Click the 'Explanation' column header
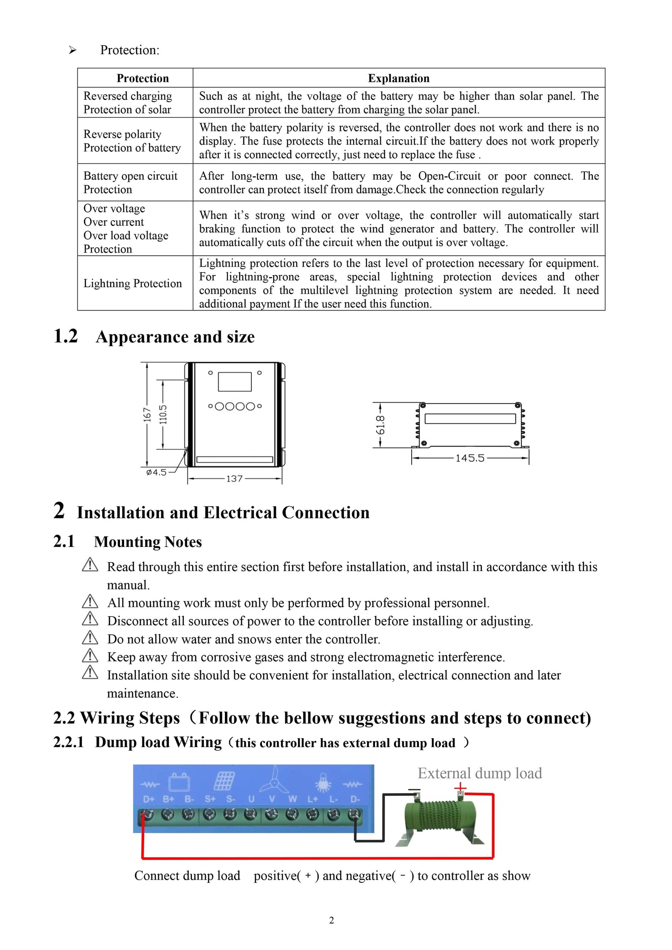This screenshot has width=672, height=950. (x=398, y=78)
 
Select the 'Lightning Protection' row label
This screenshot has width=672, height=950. (x=133, y=284)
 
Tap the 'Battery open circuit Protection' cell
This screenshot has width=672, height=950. (x=130, y=183)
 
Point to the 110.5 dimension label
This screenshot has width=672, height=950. (x=163, y=414)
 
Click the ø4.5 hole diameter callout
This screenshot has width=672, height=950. (x=156, y=473)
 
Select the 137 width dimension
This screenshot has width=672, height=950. (x=234, y=479)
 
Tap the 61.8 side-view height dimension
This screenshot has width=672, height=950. (x=380, y=425)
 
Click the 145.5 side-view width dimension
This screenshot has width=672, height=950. (x=470, y=458)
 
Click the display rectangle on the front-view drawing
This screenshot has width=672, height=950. (x=235, y=382)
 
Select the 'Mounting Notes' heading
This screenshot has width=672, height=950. (x=148, y=542)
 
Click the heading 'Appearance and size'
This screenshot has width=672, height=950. (x=175, y=337)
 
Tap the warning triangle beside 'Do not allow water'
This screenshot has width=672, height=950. (x=90, y=637)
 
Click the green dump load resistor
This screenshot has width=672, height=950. (x=440, y=817)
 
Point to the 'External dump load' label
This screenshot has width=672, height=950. (x=480, y=774)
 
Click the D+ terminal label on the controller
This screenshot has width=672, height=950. (x=149, y=799)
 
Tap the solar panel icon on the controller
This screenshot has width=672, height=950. (x=225, y=781)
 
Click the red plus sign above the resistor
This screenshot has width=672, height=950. (x=460, y=787)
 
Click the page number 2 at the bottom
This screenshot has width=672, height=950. (x=332, y=920)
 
